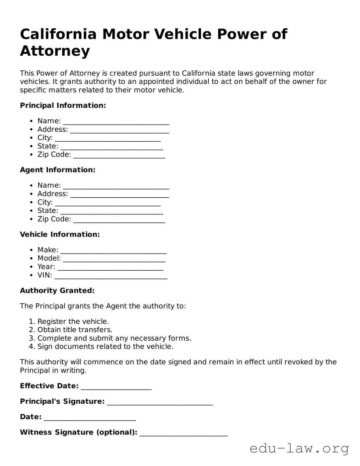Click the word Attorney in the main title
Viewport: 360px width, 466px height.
(55, 51)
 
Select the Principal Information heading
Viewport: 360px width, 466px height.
(63, 106)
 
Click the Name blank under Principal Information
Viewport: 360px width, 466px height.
(116, 121)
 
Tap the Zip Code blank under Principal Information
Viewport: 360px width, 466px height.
(119, 155)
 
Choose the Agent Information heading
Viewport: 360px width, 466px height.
(58, 170)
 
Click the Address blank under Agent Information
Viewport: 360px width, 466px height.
(120, 194)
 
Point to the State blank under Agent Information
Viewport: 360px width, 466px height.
(112, 211)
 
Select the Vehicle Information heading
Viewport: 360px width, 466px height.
(60, 235)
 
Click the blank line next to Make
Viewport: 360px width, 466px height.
(114, 250)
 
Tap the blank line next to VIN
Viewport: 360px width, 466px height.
(111, 275)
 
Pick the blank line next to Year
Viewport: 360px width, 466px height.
(110, 267)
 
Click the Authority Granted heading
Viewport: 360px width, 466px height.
(57, 290)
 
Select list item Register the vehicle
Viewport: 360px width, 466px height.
(73, 322)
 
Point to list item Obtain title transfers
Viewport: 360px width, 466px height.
(75, 330)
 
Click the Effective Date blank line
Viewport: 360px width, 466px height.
(116, 386)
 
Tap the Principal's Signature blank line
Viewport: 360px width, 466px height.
(160, 402)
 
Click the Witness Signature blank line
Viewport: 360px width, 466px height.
(184, 432)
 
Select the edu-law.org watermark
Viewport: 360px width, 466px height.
(299, 448)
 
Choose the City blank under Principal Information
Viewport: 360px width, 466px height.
(107, 138)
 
